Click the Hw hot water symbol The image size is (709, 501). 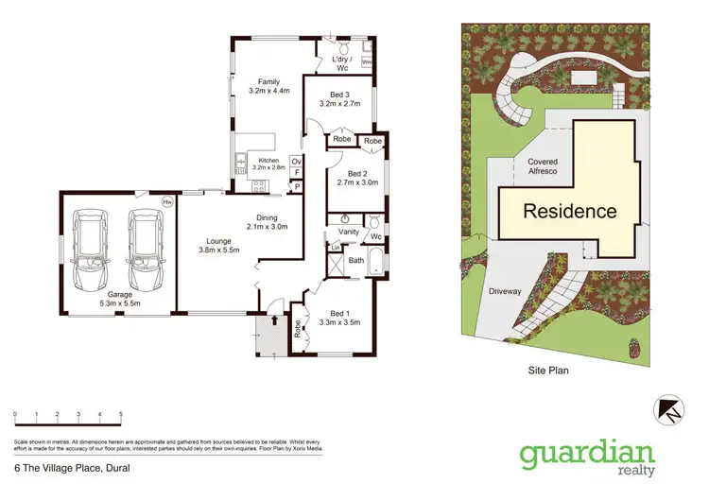point(168,201)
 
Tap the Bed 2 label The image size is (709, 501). point(356,178)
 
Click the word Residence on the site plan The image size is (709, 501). point(570,212)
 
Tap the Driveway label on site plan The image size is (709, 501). point(505,292)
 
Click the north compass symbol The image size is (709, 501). point(669,407)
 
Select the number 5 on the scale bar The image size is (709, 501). point(120,414)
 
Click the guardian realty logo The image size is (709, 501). point(586,456)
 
